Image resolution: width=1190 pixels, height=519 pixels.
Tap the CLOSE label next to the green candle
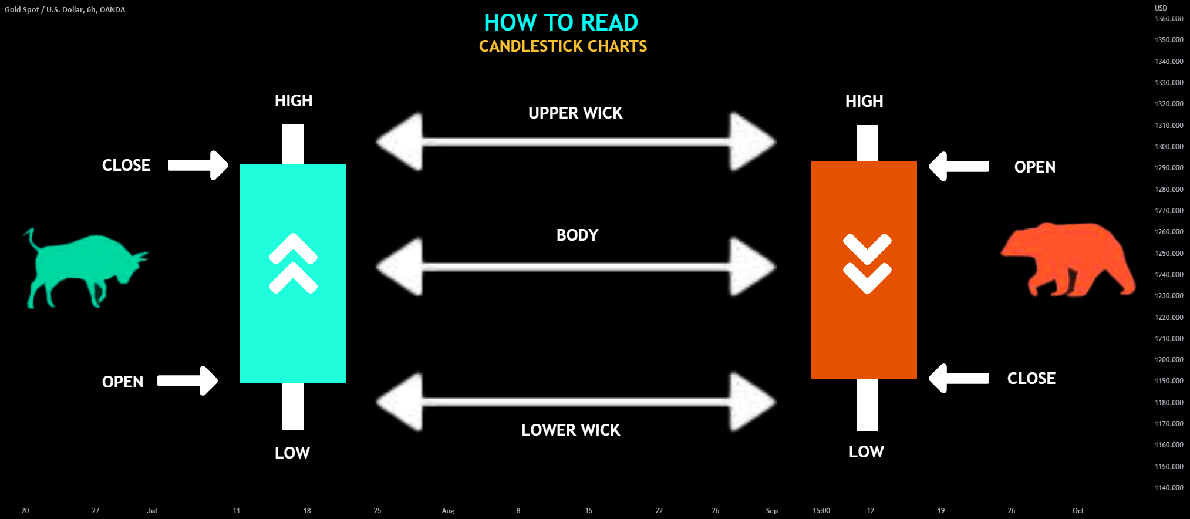[x=126, y=166]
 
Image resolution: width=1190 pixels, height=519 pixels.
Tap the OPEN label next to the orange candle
[x=1034, y=167]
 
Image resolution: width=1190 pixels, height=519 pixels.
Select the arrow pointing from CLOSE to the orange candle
[x=959, y=378]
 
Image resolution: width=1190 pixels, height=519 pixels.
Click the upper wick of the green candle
[x=293, y=144]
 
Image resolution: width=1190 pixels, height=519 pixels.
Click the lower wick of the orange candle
[x=867, y=405]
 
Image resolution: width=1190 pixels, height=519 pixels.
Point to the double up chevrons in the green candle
[x=293, y=264]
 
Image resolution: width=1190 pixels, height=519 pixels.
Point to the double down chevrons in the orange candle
[x=867, y=264]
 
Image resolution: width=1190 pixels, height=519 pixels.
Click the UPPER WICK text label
[x=575, y=113]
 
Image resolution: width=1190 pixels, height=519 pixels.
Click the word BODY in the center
[x=577, y=235]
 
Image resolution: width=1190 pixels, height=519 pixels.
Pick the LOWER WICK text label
[x=570, y=430]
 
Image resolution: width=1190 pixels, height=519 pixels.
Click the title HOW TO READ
[x=561, y=23]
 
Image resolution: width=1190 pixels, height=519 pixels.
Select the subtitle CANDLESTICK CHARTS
[x=562, y=46]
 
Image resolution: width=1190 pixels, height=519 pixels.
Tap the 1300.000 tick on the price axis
[x=1169, y=147]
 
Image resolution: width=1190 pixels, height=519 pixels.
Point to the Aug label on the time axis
[x=448, y=511]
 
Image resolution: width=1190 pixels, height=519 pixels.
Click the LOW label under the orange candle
[x=866, y=452]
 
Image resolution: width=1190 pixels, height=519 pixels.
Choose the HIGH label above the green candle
[x=294, y=101]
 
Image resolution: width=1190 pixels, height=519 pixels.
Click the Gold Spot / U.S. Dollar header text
[x=65, y=10]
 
